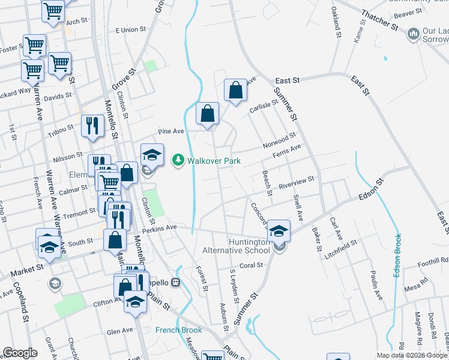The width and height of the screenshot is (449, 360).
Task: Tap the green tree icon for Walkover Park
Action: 178,161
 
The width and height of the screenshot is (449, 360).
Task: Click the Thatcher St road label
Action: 379,22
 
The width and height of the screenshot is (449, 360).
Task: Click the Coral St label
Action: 251,265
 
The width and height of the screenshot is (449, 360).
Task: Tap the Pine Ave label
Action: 170,131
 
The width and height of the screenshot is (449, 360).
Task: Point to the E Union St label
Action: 130,29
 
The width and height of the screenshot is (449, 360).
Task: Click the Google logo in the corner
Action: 20,353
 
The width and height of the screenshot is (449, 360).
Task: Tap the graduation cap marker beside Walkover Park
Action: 152,155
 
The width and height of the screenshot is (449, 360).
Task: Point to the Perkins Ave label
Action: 163,227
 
